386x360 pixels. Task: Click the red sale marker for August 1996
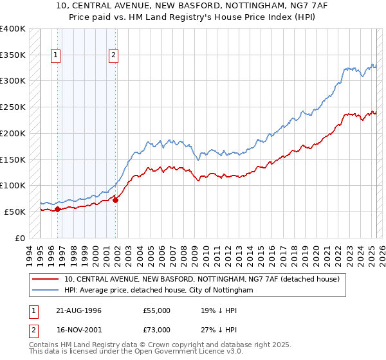[x=57, y=209]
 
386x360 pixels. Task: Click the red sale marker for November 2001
[x=116, y=200]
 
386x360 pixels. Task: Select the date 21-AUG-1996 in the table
[x=78, y=310]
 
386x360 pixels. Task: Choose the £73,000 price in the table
[x=157, y=330]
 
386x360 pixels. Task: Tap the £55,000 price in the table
[x=157, y=310]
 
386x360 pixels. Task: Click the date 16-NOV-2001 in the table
[x=78, y=330]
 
